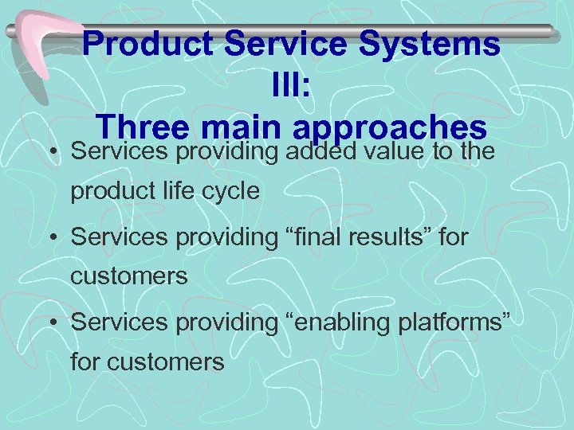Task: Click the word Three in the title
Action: point(143,127)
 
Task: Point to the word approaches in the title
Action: point(391,129)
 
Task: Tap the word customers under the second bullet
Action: point(129,278)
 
